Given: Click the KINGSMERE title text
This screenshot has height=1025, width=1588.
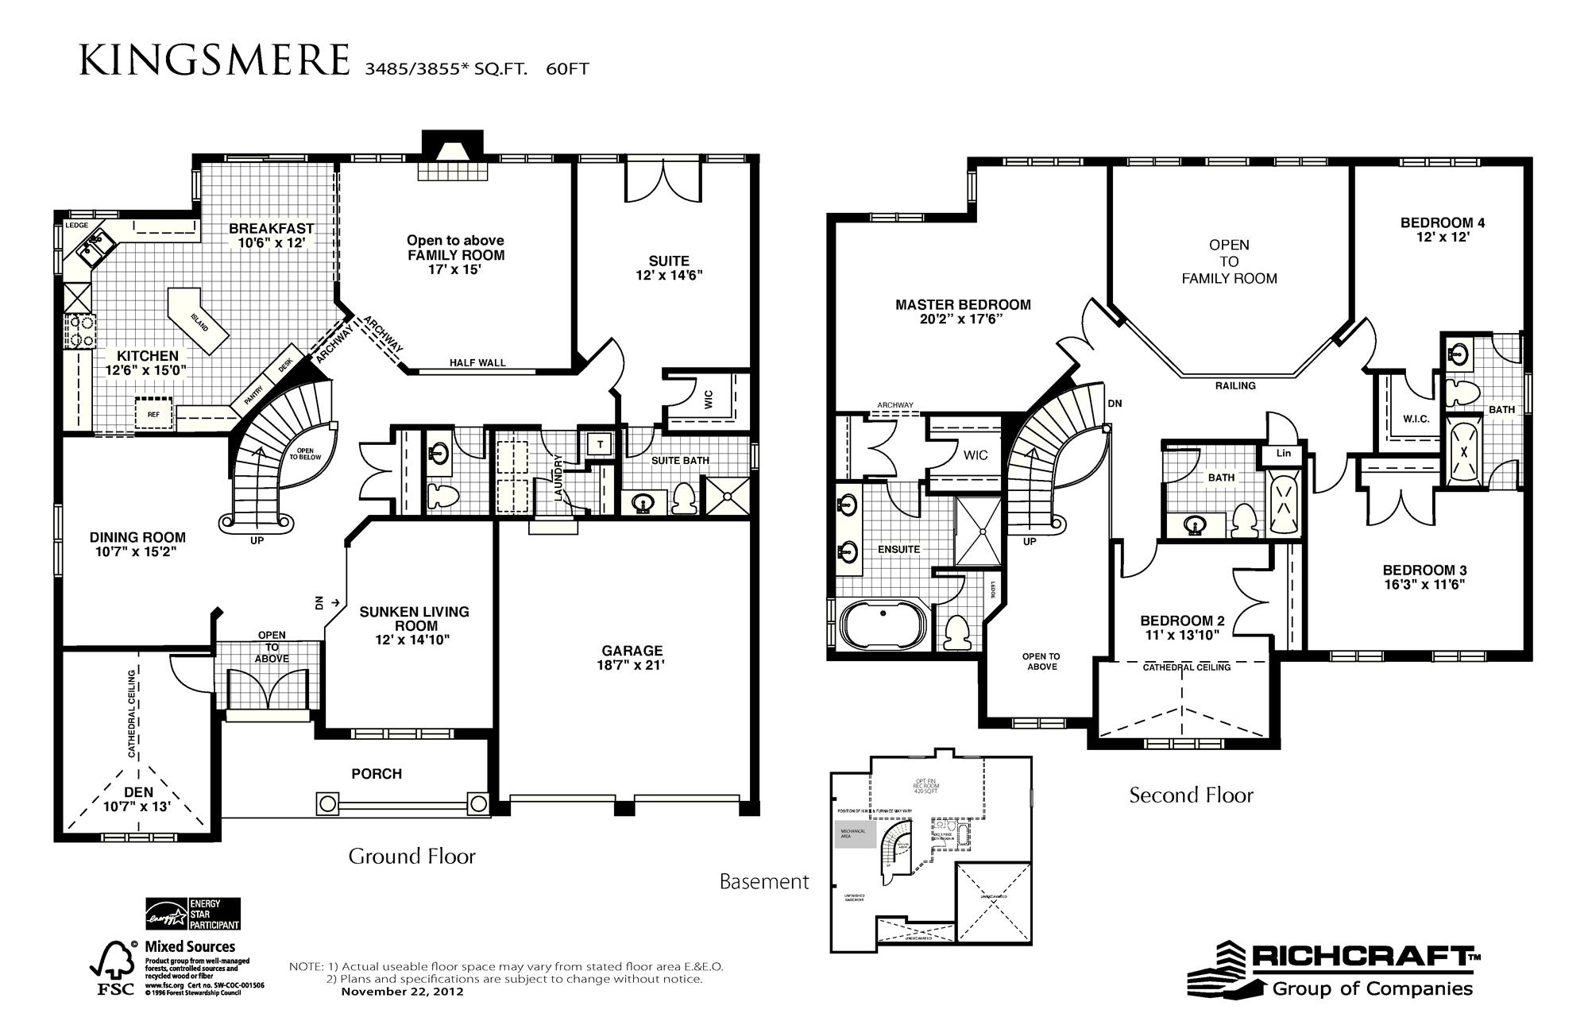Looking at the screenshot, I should pos(214,60).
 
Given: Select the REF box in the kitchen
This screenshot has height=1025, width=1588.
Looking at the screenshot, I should pos(153,414).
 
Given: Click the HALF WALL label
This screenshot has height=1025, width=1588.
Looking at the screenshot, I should pos(477,363).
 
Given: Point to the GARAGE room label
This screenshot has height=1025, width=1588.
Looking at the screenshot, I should pos(632,651).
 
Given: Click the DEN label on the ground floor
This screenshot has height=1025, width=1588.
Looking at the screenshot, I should pos(138,792).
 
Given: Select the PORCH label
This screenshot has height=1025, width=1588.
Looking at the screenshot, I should pos(377,774).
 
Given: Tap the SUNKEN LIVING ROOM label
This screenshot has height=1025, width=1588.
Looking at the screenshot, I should pos(415,619).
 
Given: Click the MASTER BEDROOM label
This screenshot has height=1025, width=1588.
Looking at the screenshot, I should pos(963,304).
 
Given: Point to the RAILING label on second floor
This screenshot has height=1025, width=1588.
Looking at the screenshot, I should pos(1235,386).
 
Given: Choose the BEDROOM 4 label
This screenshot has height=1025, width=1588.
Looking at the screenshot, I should pos(1443,223).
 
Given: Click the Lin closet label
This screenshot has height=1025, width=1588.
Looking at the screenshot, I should pos(1284,454).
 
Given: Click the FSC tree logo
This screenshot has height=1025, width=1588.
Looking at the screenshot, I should pos(110,969).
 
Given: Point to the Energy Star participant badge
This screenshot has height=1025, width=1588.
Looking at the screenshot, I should pos(192,915).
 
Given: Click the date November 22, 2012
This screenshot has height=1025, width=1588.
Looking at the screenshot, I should pos(402,992).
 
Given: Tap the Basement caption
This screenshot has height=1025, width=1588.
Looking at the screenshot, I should pos(764,881).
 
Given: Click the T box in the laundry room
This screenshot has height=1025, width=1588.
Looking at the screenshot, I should pos(601,445).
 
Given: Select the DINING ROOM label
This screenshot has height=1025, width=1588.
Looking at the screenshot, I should pos(137,538).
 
